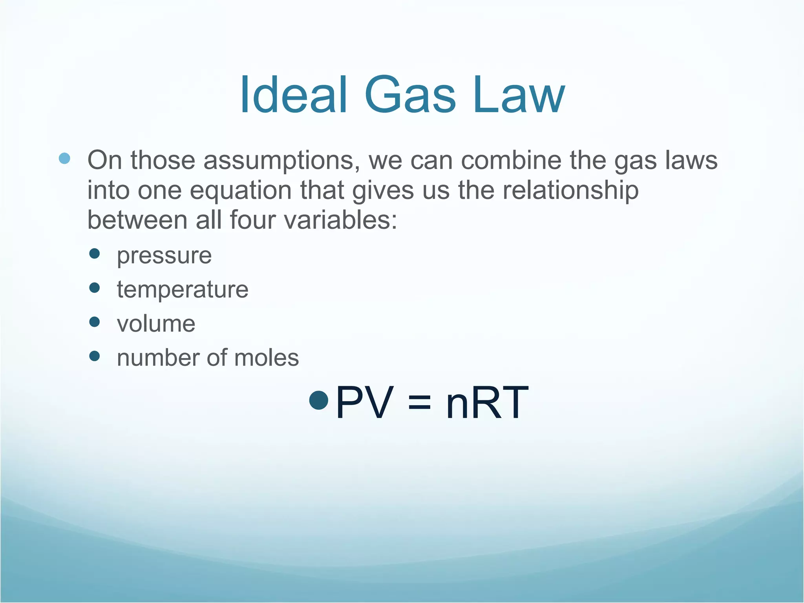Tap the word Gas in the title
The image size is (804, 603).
pyautogui.click(x=410, y=95)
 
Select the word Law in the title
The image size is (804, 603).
pyautogui.click(x=518, y=95)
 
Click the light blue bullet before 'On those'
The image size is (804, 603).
pyautogui.click(x=64, y=159)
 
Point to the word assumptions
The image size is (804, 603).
pyautogui.click(x=281, y=161)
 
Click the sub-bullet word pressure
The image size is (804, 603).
pyautogui.click(x=164, y=256)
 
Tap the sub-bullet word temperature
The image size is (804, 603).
pyautogui.click(x=183, y=290)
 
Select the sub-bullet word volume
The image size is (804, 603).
pyautogui.click(x=156, y=324)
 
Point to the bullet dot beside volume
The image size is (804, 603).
pyautogui.click(x=95, y=322)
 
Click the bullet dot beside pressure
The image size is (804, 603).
pyautogui.click(x=95, y=254)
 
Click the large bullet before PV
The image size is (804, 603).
pyautogui.click(x=318, y=400)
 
